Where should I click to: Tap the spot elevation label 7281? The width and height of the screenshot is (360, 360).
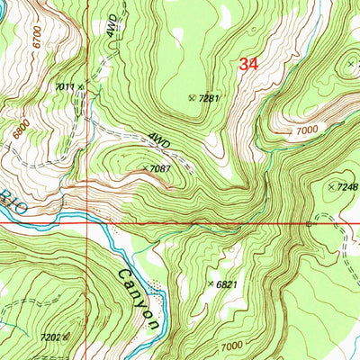click(x=210, y=97)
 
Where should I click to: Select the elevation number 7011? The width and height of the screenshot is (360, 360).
click(x=63, y=86)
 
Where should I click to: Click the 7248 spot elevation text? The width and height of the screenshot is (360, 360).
click(x=347, y=186)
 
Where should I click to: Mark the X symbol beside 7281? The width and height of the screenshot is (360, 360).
click(x=191, y=97)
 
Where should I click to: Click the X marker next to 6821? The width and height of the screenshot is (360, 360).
click(x=211, y=283)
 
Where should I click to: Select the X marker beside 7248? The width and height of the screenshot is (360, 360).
click(x=330, y=186)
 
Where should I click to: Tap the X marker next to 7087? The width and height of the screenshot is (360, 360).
click(x=144, y=167)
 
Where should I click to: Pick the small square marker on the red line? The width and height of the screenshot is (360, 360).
click(x=308, y=222)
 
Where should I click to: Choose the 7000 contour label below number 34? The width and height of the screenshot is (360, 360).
click(x=306, y=131)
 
